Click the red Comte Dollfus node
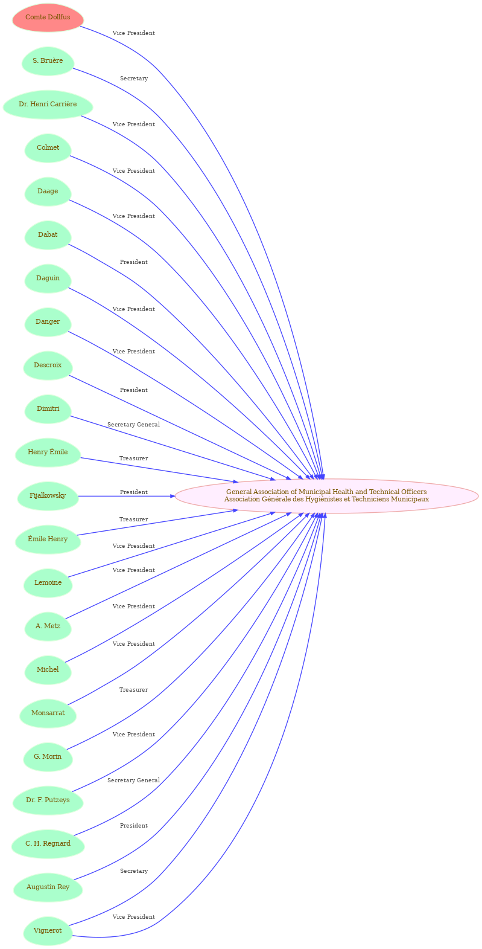(48, 18)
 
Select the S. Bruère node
(48, 61)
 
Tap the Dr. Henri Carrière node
(48, 105)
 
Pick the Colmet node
(48, 148)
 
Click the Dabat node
(48, 235)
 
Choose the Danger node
(48, 321)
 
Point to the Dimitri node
(48, 409)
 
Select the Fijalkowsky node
(48, 496)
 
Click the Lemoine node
(48, 582)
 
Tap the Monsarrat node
(48, 713)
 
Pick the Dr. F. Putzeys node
(48, 800)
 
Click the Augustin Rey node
(48, 887)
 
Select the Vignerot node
(48, 930)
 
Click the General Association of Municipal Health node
(326, 496)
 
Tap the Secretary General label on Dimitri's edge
(134, 425)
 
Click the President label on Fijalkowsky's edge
(134, 492)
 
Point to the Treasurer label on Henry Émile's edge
(134, 458)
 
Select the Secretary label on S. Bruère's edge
(134, 79)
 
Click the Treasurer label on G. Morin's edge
(134, 690)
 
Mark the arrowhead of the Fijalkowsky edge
(173, 496)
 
